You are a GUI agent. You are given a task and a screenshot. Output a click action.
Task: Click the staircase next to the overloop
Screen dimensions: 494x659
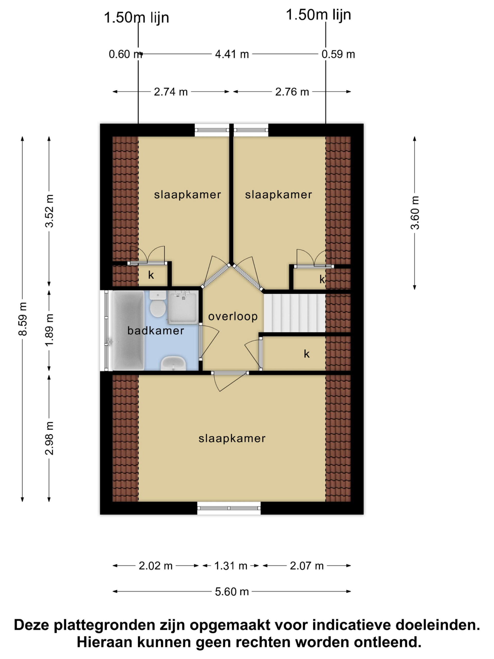(295, 313)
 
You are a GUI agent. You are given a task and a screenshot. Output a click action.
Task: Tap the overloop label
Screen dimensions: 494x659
(233, 316)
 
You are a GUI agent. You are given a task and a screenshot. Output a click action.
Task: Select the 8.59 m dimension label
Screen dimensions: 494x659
(23, 319)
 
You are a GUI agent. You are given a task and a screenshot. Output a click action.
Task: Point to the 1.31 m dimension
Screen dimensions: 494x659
(231, 566)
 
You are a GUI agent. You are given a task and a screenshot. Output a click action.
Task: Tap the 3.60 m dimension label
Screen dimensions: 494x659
(414, 213)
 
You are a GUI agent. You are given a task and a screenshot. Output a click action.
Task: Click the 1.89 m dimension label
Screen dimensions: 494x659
(49, 330)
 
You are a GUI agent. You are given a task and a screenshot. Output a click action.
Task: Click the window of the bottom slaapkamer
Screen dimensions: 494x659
(229, 508)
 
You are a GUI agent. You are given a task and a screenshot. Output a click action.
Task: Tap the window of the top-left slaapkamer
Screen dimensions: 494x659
(212, 130)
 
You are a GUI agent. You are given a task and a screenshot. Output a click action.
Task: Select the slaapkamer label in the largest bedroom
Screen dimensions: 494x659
(232, 438)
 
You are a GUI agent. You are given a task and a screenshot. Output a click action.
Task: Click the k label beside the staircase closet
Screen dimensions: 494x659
(307, 354)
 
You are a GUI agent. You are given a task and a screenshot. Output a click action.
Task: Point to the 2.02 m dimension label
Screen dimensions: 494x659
(155, 566)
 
